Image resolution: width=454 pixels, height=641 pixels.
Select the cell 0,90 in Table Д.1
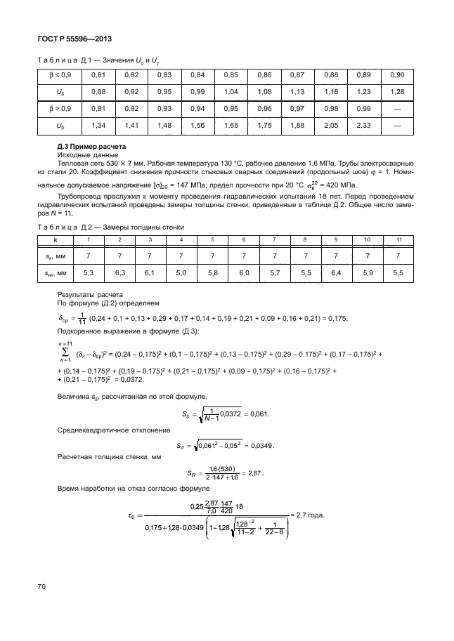click(396, 75)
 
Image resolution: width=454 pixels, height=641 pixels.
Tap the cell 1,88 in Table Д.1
click(297, 126)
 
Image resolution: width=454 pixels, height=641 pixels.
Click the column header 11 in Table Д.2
click(399, 240)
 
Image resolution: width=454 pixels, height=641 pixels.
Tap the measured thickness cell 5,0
click(182, 272)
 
